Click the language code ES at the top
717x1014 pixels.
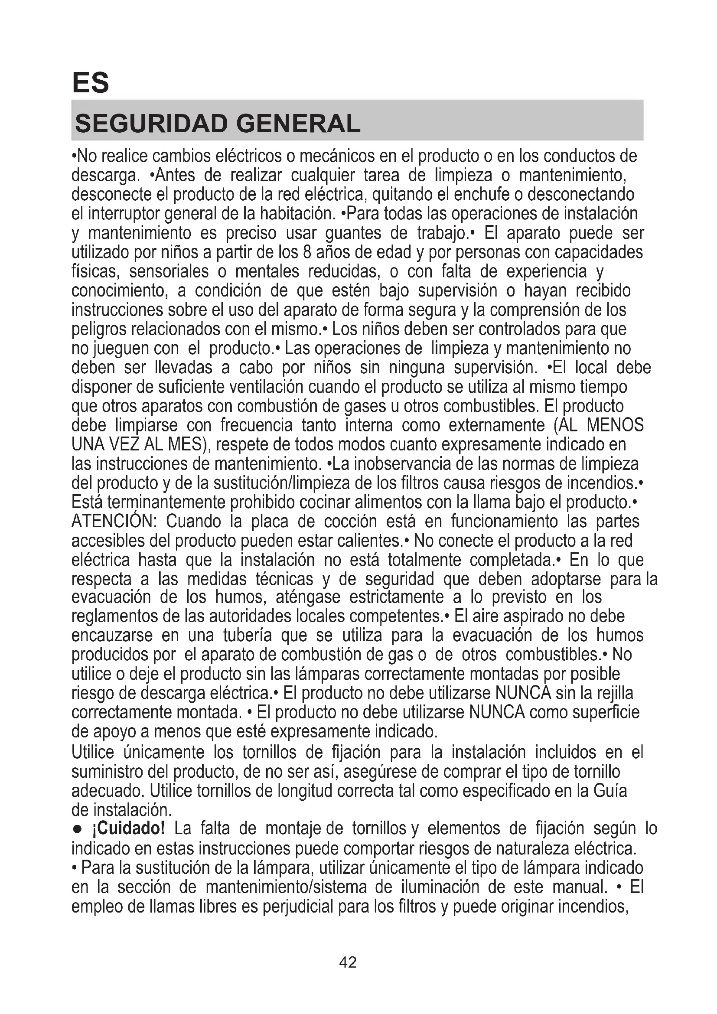(x=91, y=83)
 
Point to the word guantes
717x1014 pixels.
(x=353, y=233)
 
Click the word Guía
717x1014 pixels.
(x=610, y=791)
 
